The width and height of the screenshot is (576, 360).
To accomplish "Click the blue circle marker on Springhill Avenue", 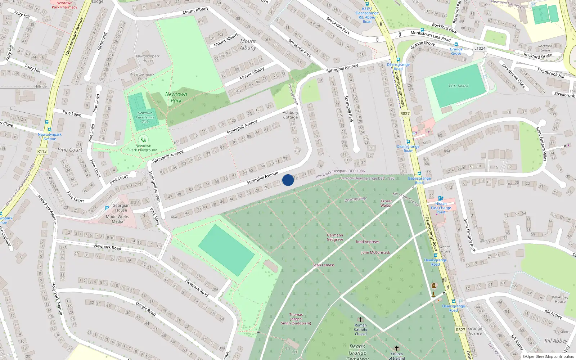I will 288,180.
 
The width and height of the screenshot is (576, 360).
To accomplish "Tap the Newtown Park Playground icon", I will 143,140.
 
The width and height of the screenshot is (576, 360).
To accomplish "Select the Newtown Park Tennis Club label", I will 145,117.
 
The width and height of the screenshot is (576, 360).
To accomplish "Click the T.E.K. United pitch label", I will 458,86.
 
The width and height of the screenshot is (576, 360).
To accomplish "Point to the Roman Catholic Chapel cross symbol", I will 360,320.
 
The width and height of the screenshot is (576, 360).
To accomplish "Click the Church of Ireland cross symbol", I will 397,348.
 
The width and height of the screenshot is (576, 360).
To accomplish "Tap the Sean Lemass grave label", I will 323,265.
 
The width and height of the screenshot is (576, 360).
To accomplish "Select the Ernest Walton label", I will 386,203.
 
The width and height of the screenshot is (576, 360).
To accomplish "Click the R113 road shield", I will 42,151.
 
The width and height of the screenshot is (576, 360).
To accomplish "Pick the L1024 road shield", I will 480,48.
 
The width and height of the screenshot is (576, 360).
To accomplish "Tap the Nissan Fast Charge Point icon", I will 441,198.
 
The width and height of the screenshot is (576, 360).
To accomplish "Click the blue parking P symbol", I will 107,208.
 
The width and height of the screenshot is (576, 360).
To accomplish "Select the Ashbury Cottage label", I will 290,115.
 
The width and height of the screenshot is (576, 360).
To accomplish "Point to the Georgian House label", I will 121,208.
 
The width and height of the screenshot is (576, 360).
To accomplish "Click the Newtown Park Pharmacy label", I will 64,5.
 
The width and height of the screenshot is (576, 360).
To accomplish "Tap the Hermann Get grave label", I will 335,237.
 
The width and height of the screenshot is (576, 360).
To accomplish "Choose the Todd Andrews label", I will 367,242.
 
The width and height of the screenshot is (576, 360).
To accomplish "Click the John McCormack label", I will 375,253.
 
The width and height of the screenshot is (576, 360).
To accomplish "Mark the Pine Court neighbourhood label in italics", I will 70,150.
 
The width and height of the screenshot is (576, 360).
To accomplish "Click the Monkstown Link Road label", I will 431,36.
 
